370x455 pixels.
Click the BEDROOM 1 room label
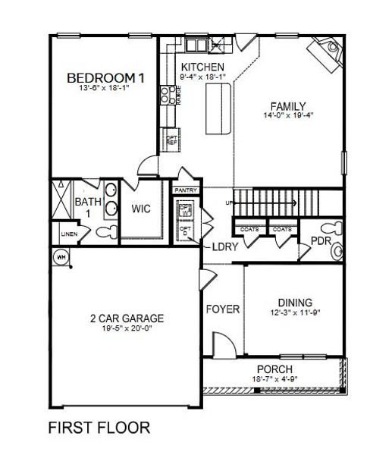point(106,77)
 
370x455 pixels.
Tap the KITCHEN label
point(198,67)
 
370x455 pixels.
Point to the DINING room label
point(290,301)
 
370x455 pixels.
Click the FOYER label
point(223,309)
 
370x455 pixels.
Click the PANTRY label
point(185,190)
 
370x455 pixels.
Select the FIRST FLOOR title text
point(99,428)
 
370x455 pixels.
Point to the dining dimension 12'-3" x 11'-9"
point(290,312)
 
